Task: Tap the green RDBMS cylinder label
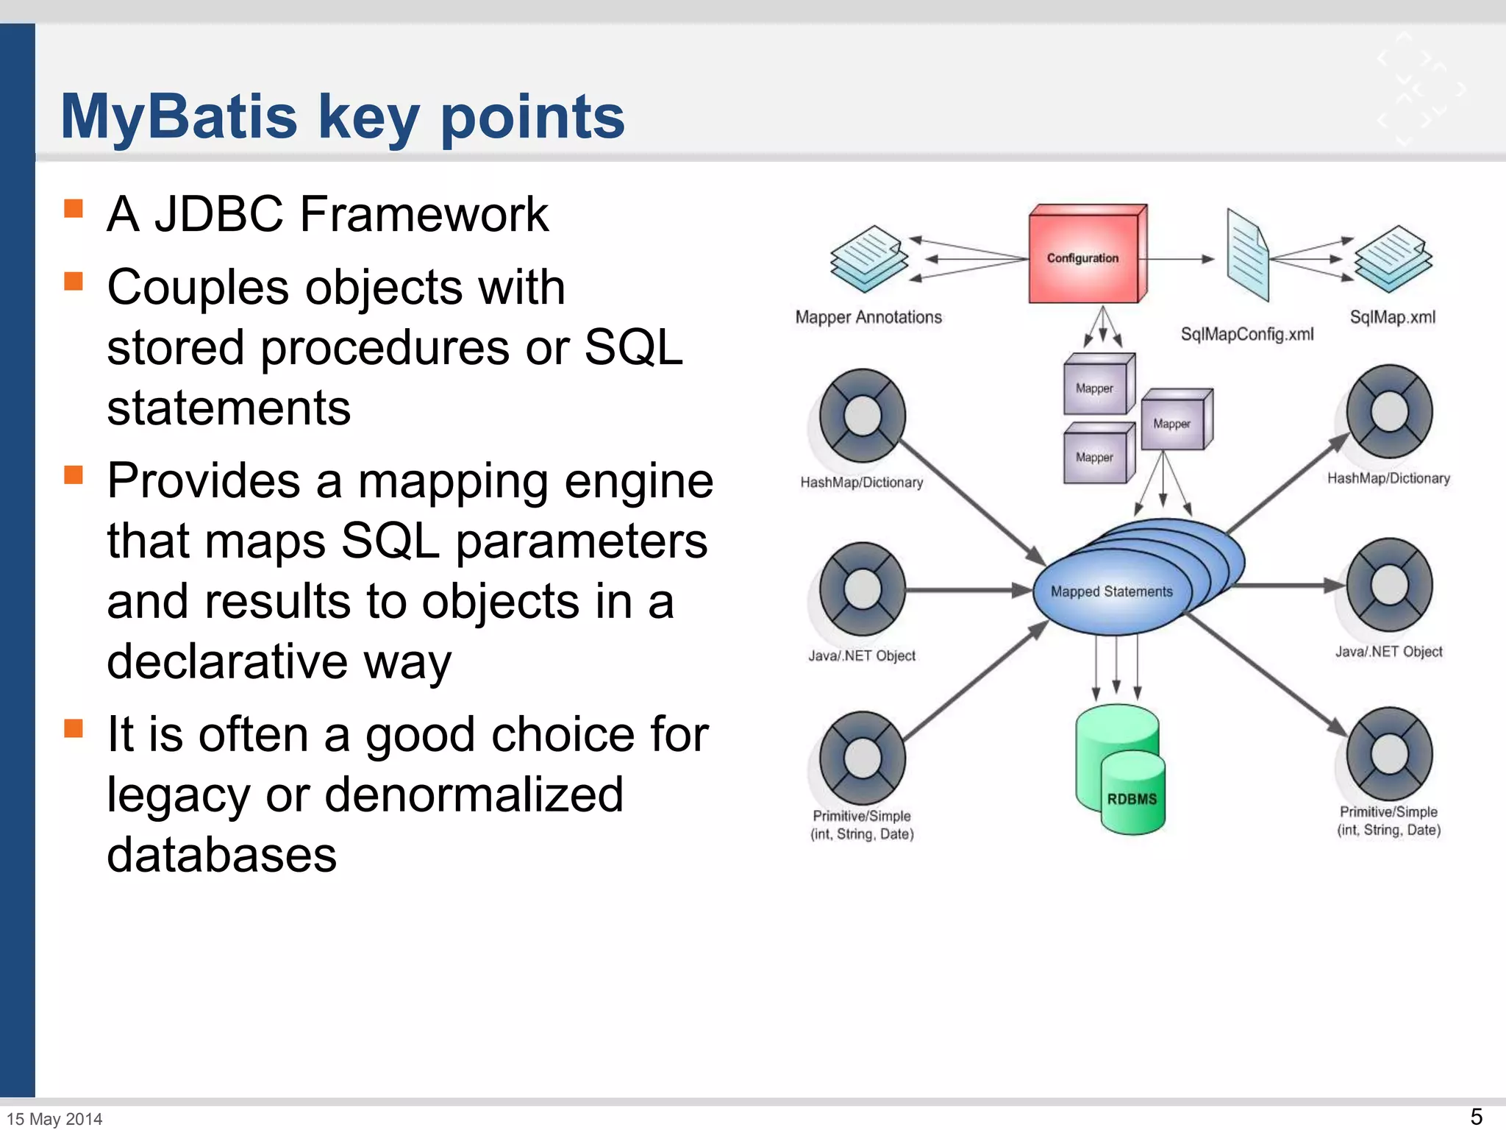1132,798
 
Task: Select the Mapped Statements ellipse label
1111,591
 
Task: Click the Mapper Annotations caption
868,317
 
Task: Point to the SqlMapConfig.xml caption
1246,334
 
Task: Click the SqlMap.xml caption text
1392,317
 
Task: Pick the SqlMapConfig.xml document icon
1247,255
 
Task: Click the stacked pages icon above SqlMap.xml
1393,258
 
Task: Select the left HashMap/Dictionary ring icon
863,416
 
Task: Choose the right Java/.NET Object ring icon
1389,586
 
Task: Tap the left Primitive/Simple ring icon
863,758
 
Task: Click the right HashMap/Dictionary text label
1388,478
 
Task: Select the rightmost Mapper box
1174,421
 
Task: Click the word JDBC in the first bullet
218,214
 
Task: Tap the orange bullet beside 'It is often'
74,728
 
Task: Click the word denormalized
474,795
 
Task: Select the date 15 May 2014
54,1118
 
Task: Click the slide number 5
1476,1116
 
